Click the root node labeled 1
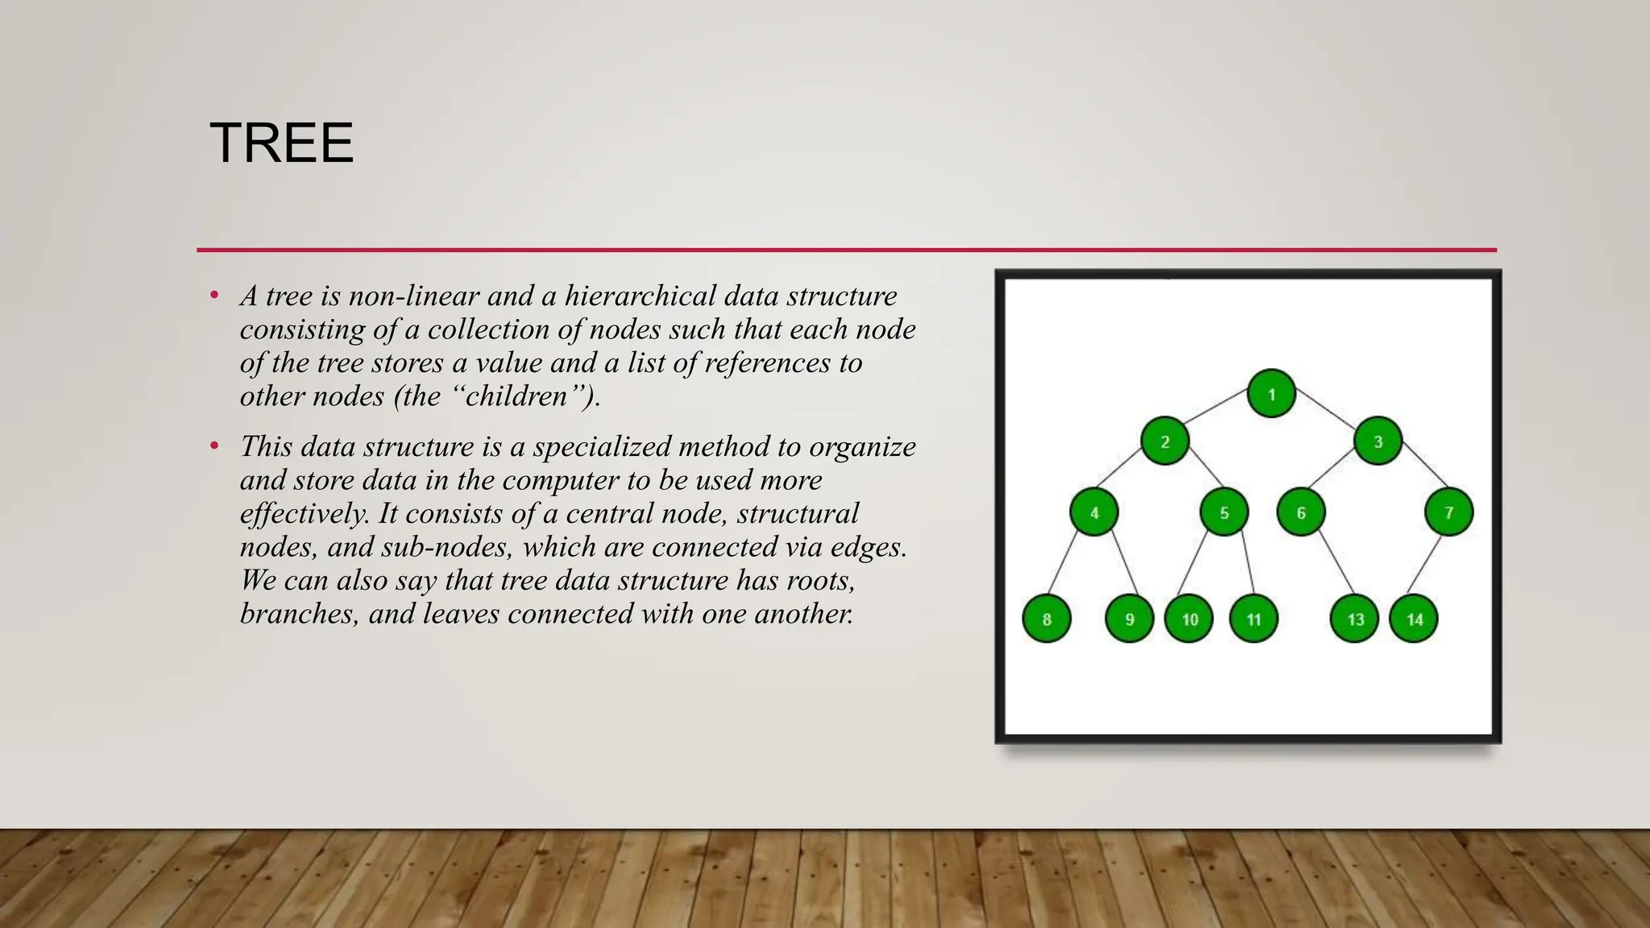coord(1271,394)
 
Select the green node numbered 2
coord(1165,441)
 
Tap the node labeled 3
coord(1378,441)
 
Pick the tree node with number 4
coord(1094,512)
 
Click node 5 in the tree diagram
coord(1224,512)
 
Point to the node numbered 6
coord(1301,512)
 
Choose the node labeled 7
coord(1449,512)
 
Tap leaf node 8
coord(1047,619)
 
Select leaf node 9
coord(1130,619)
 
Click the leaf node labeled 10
coord(1189,619)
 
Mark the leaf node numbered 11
coord(1254,619)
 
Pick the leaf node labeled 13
coord(1355,619)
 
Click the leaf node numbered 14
coord(1414,619)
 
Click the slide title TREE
coord(281,143)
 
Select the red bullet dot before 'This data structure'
coord(214,446)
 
